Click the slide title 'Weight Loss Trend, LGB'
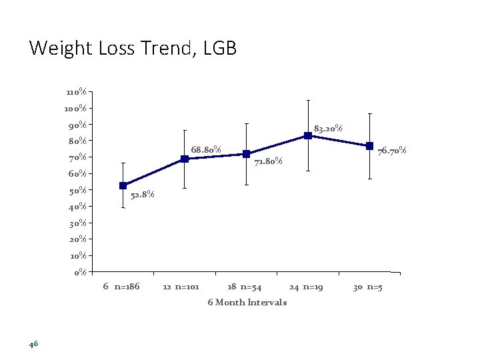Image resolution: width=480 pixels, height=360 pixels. click(133, 48)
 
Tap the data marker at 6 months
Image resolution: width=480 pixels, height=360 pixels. click(123, 185)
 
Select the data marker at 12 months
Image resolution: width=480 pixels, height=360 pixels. click(185, 159)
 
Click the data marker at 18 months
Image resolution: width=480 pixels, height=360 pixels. click(246, 154)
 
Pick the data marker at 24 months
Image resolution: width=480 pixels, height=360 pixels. click(308, 135)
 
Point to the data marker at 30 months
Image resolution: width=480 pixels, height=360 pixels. click(369, 146)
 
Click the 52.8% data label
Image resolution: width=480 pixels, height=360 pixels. click(142, 195)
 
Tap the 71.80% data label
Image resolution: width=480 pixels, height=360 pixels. click(269, 161)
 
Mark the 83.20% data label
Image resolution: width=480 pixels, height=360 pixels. click(328, 128)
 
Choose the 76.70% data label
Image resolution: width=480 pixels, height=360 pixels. click(392, 151)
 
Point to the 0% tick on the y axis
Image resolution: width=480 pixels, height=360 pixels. click(80, 271)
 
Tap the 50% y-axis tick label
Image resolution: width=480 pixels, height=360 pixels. click(77, 190)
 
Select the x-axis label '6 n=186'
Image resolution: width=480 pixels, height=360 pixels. click(121, 287)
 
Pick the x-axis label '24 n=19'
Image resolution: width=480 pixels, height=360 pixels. click(306, 287)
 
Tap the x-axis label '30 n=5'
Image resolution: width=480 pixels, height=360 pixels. click(367, 287)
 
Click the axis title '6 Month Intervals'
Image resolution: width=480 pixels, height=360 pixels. click(247, 302)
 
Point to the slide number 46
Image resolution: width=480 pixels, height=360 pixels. click(34, 344)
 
